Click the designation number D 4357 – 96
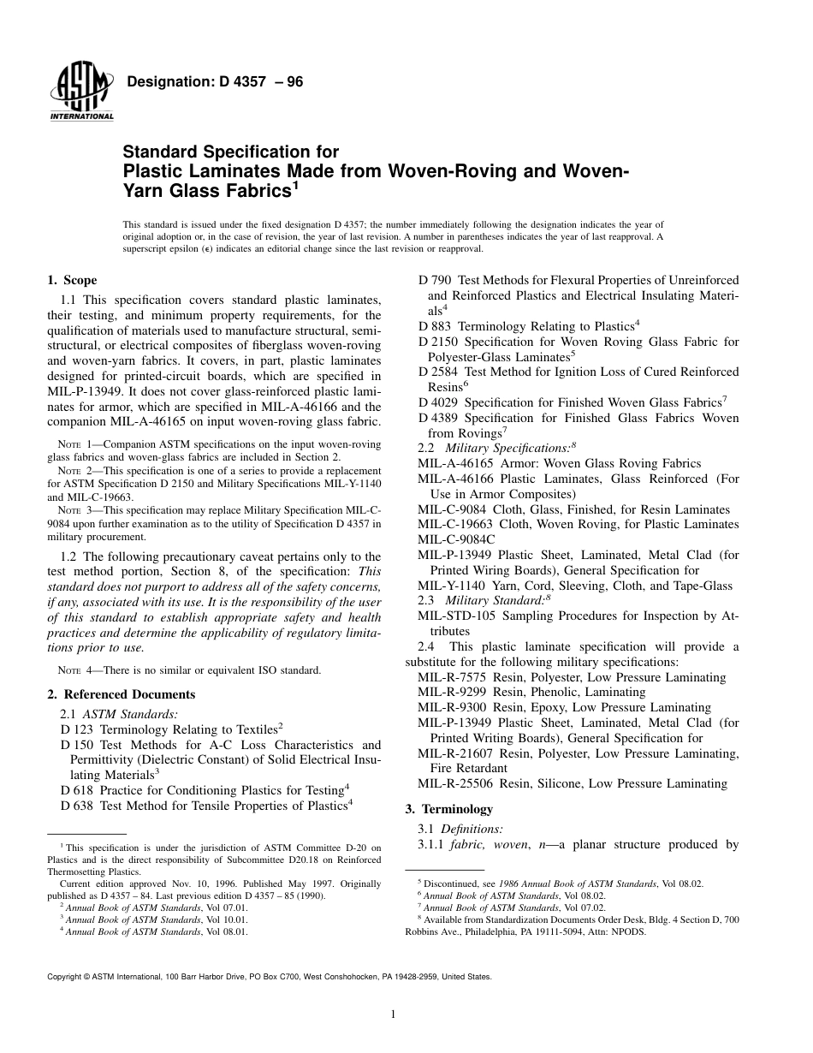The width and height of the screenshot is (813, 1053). point(215,82)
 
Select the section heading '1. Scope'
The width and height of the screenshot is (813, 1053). point(72,280)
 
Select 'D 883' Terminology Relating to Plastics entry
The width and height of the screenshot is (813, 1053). point(435,326)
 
